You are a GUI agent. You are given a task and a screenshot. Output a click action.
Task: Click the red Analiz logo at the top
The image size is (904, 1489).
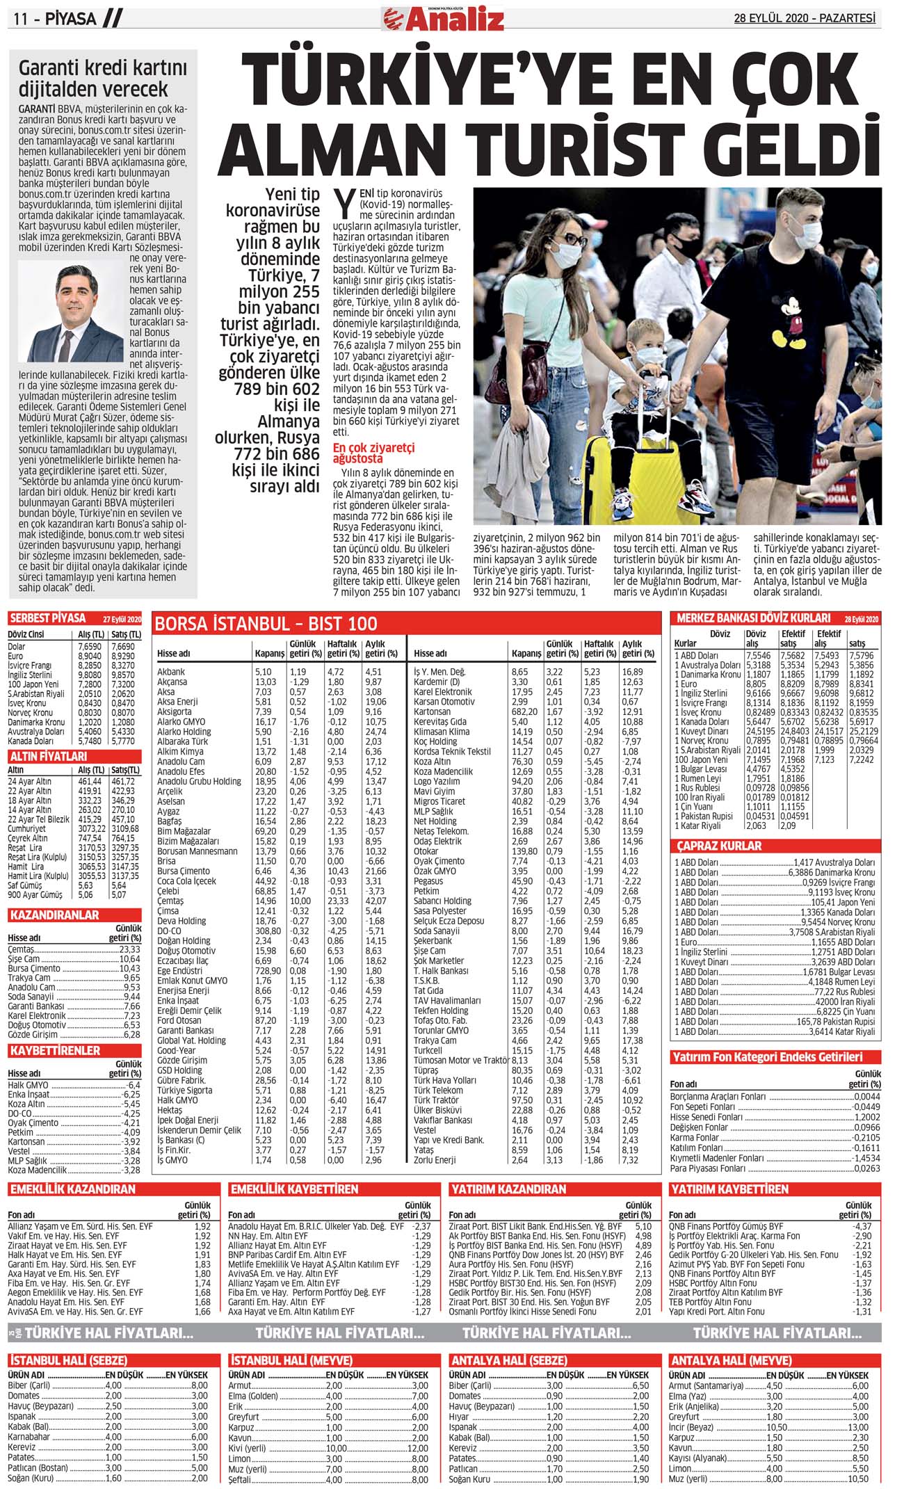tap(443, 19)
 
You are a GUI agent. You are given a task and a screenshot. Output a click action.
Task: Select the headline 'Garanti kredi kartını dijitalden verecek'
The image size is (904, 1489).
tap(102, 79)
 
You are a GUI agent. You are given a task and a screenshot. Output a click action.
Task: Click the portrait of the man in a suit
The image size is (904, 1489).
tap(71, 311)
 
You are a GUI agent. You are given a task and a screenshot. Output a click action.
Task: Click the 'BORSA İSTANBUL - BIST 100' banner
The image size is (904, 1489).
tap(266, 623)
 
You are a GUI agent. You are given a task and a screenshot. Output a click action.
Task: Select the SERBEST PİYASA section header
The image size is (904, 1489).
tap(48, 618)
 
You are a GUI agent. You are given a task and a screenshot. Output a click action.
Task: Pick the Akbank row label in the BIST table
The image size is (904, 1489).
tap(171, 672)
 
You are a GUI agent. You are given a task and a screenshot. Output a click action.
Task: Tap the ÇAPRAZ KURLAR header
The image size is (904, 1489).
tap(719, 846)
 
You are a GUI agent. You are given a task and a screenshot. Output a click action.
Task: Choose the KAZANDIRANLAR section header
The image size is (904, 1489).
tap(54, 915)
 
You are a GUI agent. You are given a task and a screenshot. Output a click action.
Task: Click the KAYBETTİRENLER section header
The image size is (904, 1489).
tap(55, 1050)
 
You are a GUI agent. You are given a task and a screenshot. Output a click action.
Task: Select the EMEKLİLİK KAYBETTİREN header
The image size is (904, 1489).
tap(294, 1189)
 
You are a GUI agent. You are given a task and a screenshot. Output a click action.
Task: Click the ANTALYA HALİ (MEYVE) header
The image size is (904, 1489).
tap(731, 1360)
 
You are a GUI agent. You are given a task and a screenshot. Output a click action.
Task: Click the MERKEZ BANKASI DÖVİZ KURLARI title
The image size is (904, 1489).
tap(753, 618)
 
